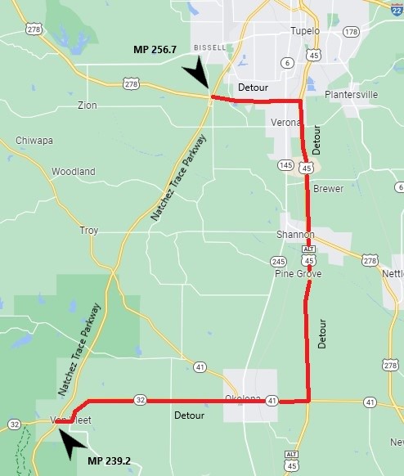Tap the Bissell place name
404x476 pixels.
pyautogui.click(x=209, y=47)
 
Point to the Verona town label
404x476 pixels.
pyautogui.click(x=285, y=122)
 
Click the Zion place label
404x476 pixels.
pyautogui.click(x=87, y=106)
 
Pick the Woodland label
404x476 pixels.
pyautogui.click(x=74, y=172)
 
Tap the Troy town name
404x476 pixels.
pyautogui.click(x=88, y=231)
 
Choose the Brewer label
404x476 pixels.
pyautogui.click(x=329, y=189)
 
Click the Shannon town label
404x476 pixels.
pyautogui.click(x=295, y=235)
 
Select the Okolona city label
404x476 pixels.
pyautogui.click(x=244, y=398)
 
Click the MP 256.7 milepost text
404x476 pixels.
pyautogui.click(x=155, y=50)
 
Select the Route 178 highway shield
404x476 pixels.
pyautogui.click(x=351, y=32)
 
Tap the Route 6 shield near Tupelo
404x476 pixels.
pyautogui.click(x=286, y=62)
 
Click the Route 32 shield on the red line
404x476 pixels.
pyautogui.click(x=140, y=400)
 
